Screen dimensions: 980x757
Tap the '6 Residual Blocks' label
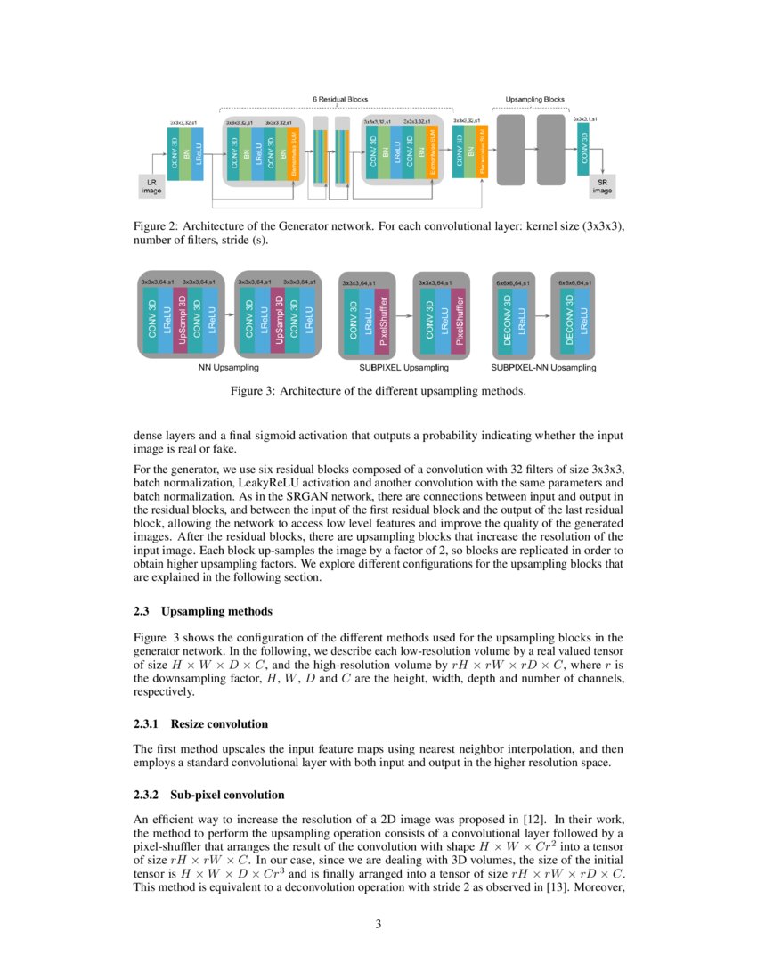[x=340, y=98]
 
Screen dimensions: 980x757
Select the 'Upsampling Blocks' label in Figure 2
[x=534, y=98]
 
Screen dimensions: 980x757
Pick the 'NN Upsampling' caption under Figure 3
[x=228, y=367]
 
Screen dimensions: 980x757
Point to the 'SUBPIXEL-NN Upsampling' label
[x=544, y=367]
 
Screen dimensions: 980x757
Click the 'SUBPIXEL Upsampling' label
[x=403, y=367]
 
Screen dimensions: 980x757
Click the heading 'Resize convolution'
[x=218, y=723]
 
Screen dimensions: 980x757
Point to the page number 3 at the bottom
[x=378, y=924]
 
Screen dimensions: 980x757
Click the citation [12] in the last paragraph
[x=531, y=817]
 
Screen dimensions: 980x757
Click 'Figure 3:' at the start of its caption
[x=256, y=390]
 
